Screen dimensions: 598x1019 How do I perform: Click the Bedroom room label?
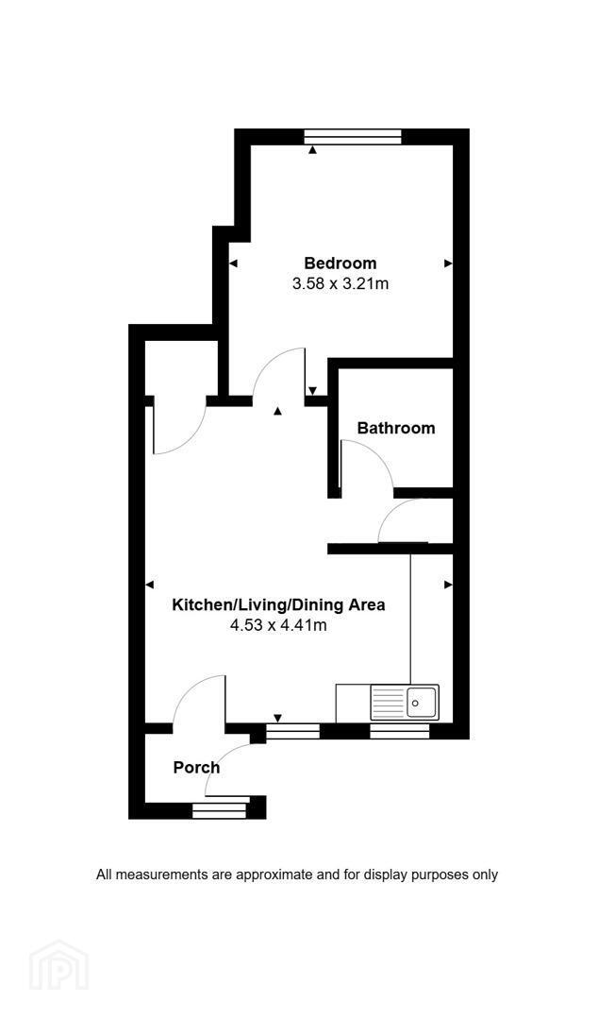[341, 263]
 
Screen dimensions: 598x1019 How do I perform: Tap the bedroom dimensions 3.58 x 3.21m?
[341, 283]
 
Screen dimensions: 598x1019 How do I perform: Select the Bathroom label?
[396, 428]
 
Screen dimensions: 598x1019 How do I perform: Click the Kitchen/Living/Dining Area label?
[278, 605]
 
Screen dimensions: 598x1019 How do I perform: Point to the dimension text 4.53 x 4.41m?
[278, 626]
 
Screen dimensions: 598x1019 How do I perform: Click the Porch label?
[196, 768]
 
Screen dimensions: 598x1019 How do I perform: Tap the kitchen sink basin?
[423, 702]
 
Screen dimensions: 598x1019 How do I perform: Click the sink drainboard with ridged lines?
[389, 702]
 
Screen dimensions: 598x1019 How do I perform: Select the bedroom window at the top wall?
[353, 137]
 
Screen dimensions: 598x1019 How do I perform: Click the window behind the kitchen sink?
[400, 731]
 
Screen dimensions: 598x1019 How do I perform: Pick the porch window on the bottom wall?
[220, 810]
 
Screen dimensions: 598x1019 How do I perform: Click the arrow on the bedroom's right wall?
[448, 263]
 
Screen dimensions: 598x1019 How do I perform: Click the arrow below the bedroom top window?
[313, 150]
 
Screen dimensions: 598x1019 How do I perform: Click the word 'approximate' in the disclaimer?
[273, 875]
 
